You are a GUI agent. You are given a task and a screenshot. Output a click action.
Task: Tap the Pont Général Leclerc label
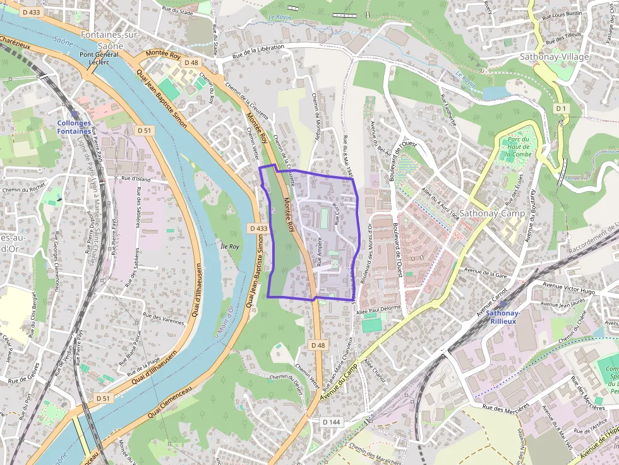pyautogui.click(x=99, y=59)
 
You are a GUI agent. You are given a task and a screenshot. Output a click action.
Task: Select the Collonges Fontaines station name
pyautogui.click(x=74, y=127)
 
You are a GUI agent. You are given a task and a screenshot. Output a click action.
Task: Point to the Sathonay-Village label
pyautogui.click(x=554, y=57)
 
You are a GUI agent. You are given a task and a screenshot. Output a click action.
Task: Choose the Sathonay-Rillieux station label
pyautogui.click(x=503, y=317)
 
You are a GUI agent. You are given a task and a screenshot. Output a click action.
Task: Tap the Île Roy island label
pyautogui.click(x=230, y=246)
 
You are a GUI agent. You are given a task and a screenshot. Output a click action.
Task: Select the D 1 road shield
pyautogui.click(x=561, y=109)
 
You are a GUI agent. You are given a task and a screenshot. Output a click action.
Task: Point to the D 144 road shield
pyautogui.click(x=331, y=421)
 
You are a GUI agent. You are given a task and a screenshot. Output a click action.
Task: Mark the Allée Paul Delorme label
pyautogui.click(x=378, y=309)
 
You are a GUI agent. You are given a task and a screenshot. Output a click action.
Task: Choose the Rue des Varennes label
pyautogui.click(x=164, y=317)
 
